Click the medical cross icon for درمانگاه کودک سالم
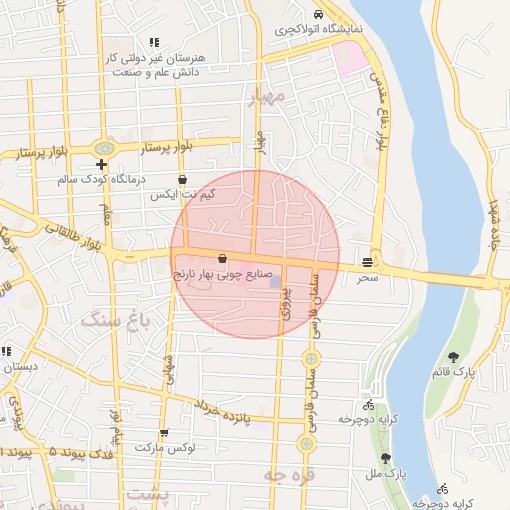click(x=101, y=164)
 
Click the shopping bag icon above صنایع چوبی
click(x=221, y=259)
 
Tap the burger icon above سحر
click(x=369, y=262)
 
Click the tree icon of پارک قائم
click(x=454, y=356)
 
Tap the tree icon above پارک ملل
click(x=385, y=458)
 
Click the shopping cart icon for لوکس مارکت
click(x=164, y=433)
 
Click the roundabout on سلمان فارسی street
click(x=312, y=357)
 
